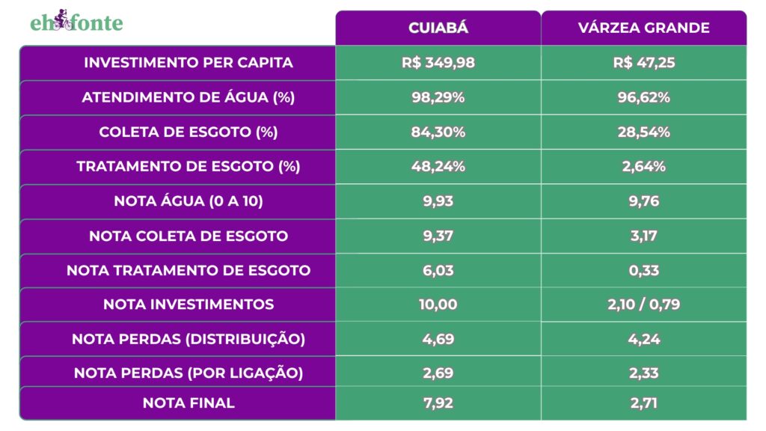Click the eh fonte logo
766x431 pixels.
[76, 23]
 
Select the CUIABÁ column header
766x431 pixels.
[438, 28]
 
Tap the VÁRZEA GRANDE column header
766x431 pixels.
[643, 28]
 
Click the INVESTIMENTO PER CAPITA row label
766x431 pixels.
[189, 63]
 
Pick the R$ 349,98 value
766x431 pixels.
[438, 63]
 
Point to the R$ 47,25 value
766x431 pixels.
[643, 63]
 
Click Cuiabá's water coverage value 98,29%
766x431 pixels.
[438, 97]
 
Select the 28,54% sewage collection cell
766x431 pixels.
[643, 132]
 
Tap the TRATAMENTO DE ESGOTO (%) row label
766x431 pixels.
[189, 167]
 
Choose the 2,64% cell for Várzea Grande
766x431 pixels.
[643, 167]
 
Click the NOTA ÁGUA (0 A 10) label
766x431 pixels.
[189, 201]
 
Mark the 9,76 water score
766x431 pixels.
[643, 201]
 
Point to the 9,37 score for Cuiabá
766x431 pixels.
[438, 236]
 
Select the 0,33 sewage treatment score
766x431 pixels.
[643, 270]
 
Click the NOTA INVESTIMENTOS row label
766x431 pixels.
[189, 305]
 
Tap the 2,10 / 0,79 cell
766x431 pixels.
[643, 305]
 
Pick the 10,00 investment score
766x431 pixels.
[438, 305]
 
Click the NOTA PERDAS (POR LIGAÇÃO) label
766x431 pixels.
[189, 373]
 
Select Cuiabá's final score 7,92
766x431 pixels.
[438, 403]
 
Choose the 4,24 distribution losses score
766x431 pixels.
[643, 339]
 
